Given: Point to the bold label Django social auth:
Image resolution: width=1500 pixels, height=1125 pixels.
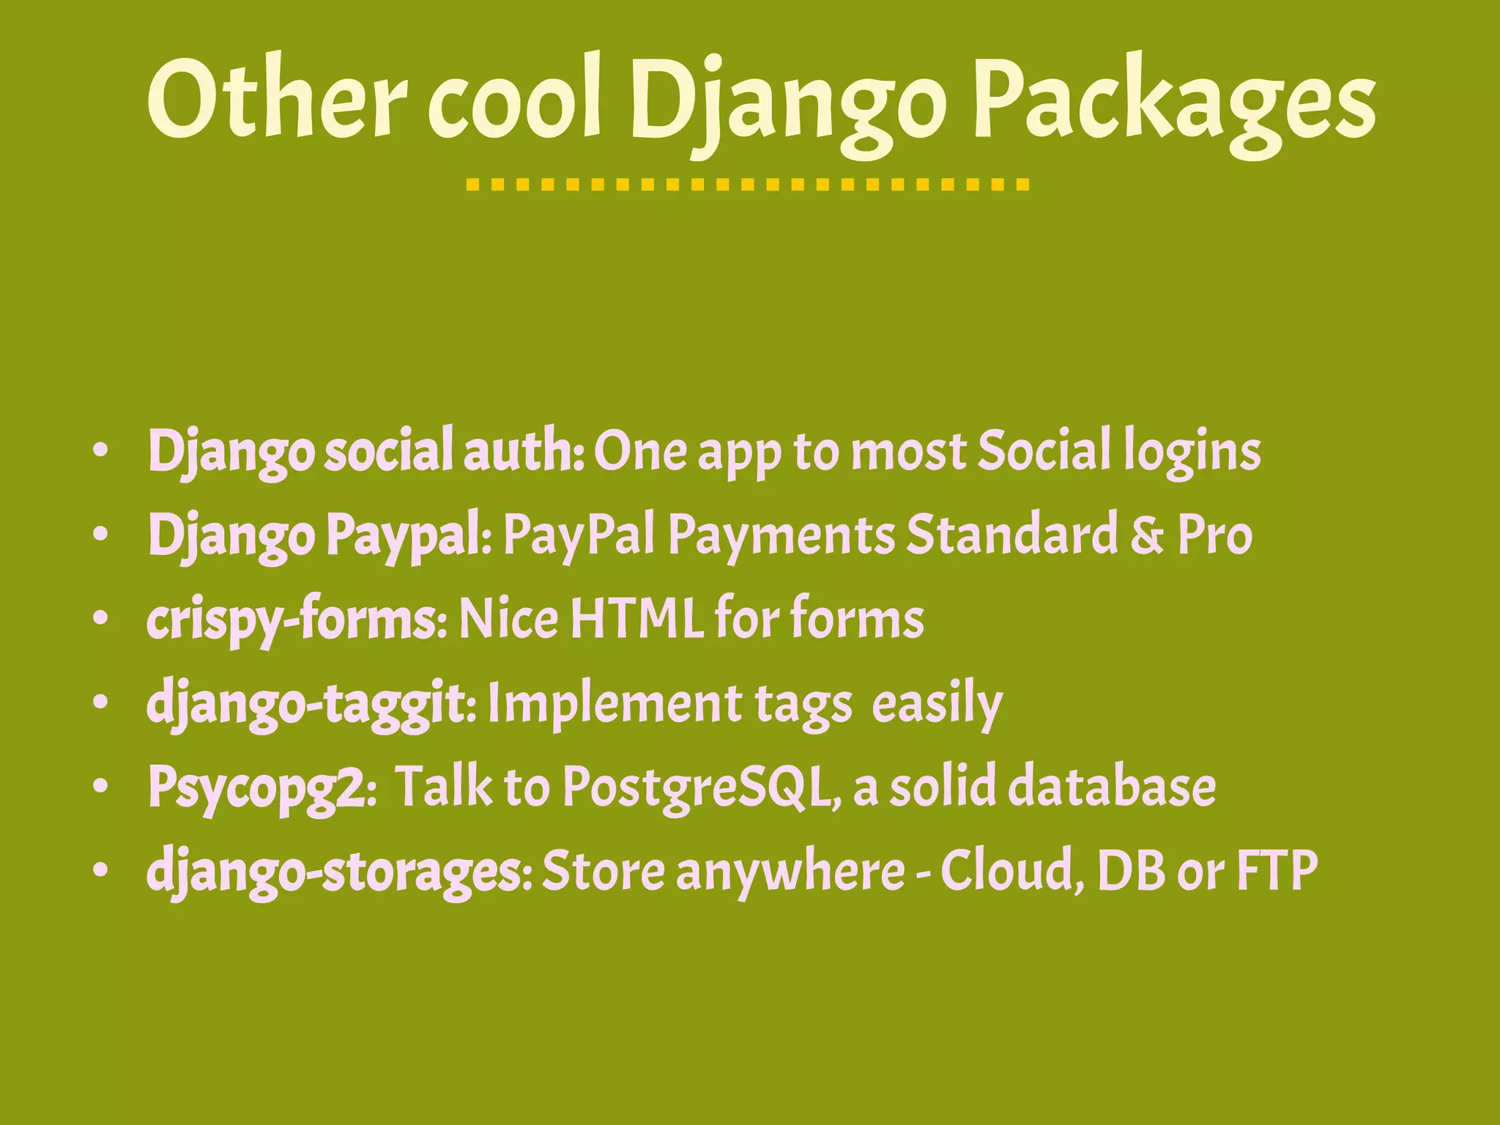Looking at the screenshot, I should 365,452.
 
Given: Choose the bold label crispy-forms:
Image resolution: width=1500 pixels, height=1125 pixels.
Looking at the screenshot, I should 297,620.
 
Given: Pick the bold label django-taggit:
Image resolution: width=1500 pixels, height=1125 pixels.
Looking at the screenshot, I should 312,704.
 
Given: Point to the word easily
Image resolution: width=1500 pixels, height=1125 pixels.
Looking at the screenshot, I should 937,704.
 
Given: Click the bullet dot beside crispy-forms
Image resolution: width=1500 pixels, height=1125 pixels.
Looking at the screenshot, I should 101,620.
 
